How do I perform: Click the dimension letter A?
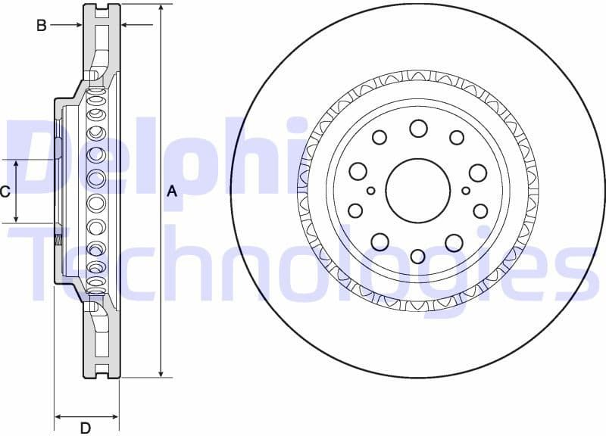coord(172,192)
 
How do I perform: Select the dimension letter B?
coord(42,25)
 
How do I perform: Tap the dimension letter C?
coord(5,192)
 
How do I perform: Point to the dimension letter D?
coord(86,428)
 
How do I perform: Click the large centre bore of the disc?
coord(417,191)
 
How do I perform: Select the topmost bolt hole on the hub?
coord(418,129)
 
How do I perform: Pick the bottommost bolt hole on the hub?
coord(417,256)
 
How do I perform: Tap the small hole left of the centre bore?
coord(371,191)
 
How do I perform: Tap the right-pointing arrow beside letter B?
coord(78,25)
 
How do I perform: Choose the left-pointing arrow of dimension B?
coord(126,25)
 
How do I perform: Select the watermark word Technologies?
coord(303,261)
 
